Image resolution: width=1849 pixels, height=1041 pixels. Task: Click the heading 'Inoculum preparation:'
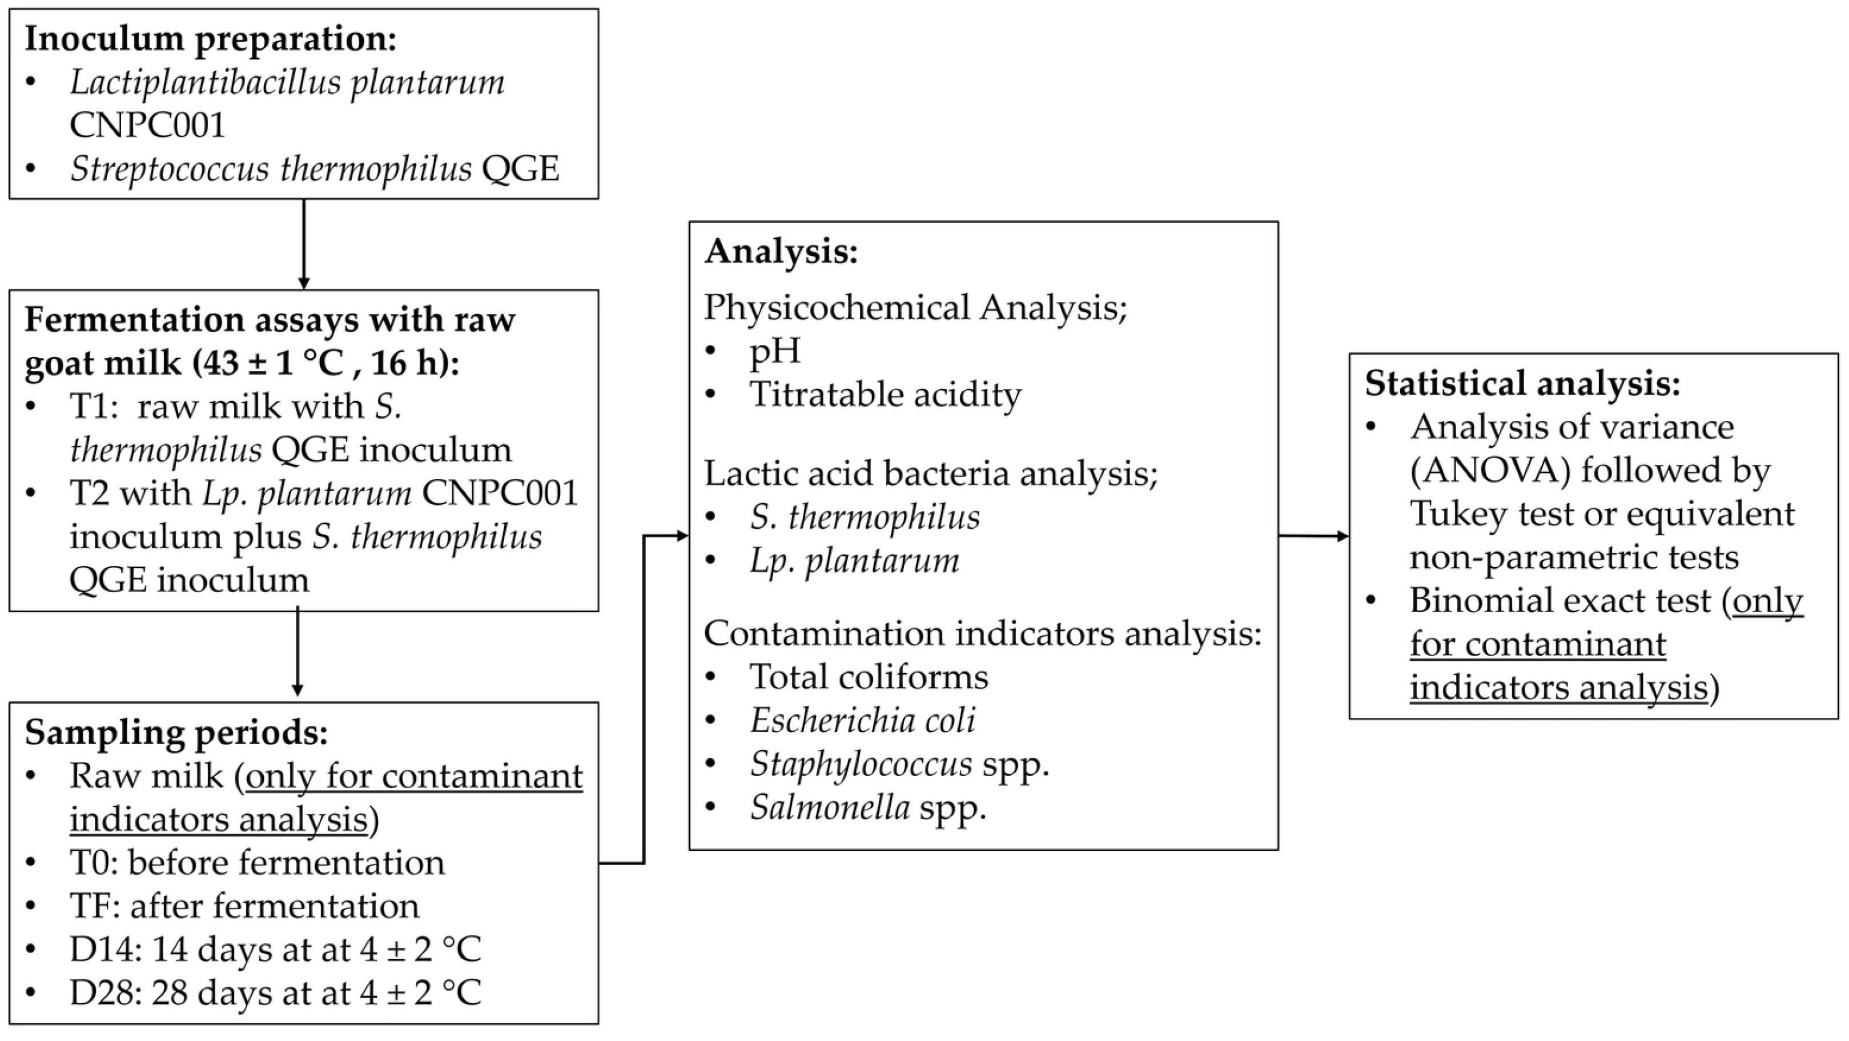[210, 39]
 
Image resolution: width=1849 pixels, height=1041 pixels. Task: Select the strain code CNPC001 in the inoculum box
[147, 125]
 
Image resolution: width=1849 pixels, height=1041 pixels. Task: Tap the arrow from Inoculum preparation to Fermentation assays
[304, 244]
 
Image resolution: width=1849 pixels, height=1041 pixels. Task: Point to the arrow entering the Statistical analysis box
[1313, 536]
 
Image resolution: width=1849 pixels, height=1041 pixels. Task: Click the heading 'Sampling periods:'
[176, 732]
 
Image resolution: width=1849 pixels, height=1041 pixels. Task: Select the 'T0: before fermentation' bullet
[257, 862]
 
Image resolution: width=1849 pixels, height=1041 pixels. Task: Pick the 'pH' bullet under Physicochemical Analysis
[775, 351]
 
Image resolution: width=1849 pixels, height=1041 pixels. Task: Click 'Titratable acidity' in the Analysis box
[886, 394]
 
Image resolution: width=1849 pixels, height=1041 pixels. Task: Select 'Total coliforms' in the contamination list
[869, 676]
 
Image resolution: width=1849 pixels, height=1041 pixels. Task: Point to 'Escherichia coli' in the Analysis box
[863, 720]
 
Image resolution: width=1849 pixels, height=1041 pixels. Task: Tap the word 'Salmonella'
[830, 807]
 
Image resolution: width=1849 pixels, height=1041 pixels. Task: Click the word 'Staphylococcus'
[861, 764]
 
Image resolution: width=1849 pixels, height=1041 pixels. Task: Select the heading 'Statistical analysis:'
[1522, 383]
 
